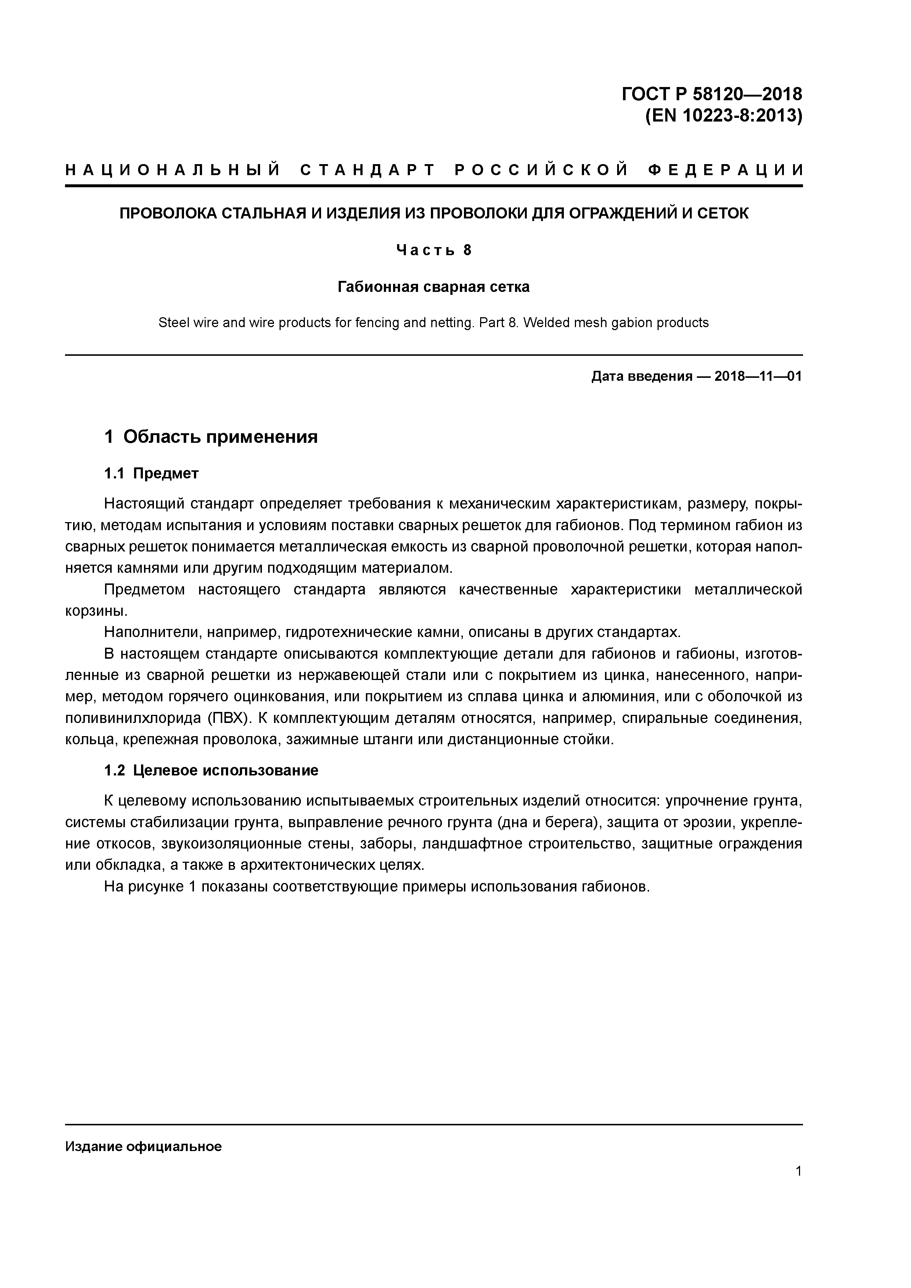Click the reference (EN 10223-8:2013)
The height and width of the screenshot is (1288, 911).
pos(724,116)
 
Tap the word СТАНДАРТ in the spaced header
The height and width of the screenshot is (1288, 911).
pos(368,170)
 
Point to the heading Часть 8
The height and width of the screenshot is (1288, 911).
pos(433,250)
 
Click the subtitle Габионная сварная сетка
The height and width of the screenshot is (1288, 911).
pos(433,287)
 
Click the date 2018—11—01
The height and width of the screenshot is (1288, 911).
pos(758,376)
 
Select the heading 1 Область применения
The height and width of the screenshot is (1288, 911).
pos(211,437)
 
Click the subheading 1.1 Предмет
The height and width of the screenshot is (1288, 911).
pos(152,474)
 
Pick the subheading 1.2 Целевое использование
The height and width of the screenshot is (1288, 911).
pos(211,771)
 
